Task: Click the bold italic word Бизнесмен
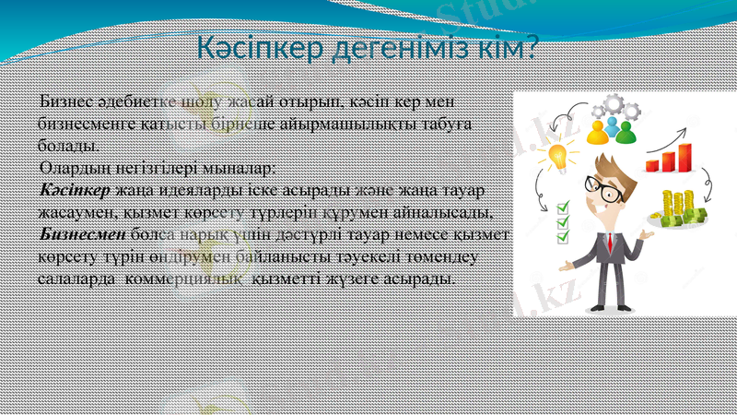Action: [x=83, y=234]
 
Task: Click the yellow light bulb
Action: [x=557, y=155]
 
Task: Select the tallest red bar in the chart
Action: [x=684, y=157]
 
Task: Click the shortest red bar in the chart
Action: [x=652, y=166]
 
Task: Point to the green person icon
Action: [x=626, y=132]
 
